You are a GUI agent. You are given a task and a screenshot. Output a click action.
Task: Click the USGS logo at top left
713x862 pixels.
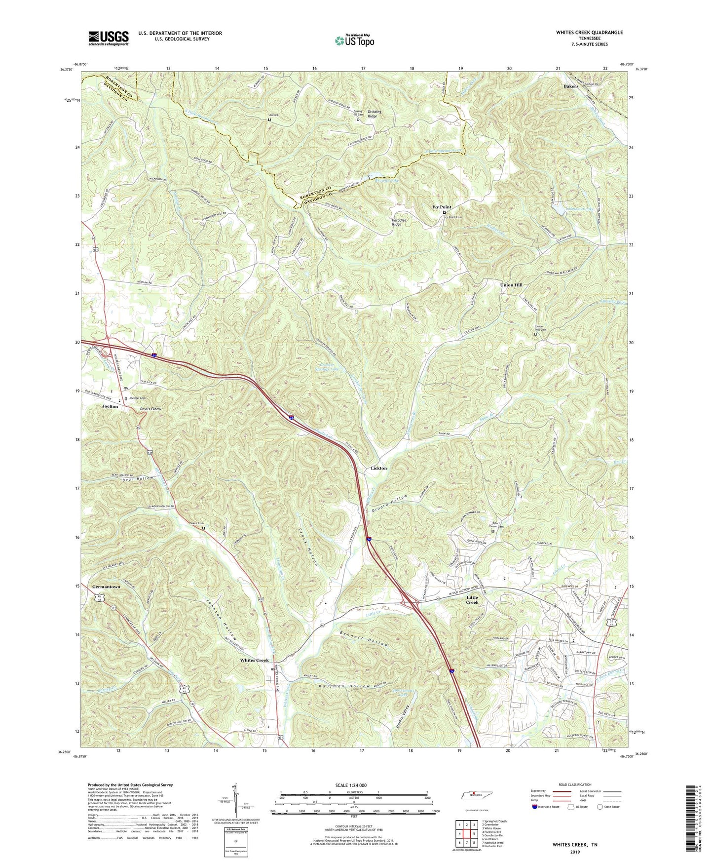109,38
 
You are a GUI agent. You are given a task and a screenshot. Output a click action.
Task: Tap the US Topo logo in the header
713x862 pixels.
353,40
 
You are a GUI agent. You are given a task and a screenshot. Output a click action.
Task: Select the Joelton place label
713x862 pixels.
110,406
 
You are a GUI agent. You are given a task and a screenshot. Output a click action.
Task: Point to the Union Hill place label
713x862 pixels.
511,285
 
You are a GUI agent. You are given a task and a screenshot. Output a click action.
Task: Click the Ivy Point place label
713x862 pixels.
442,207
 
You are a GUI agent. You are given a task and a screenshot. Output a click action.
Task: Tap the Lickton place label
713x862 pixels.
379,468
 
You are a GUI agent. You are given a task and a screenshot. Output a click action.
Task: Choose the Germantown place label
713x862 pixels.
106,587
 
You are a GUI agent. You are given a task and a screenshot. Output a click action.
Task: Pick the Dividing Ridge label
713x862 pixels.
375,114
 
